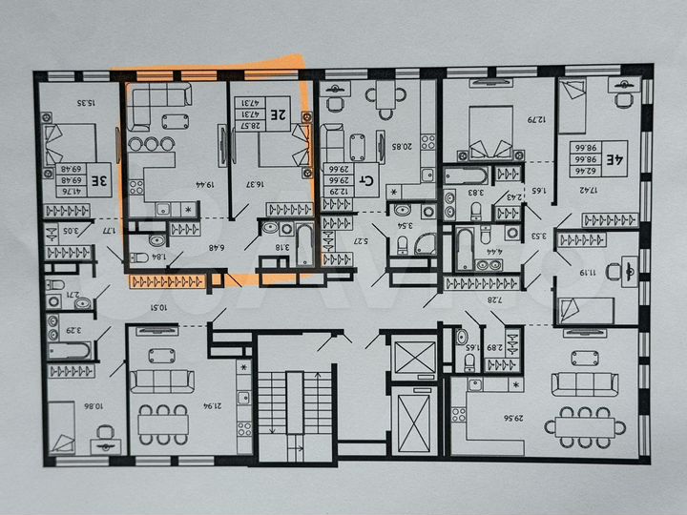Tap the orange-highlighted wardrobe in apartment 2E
[168, 280]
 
